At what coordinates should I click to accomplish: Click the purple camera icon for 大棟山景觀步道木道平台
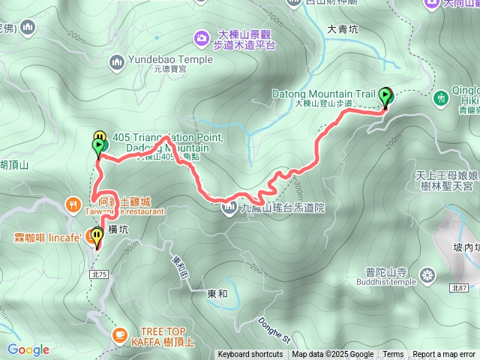pos(200,37)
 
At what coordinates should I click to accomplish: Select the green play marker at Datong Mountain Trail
pos(386,96)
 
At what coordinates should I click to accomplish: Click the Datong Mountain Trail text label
pos(334,94)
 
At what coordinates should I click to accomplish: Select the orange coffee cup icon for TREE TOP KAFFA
pos(119,334)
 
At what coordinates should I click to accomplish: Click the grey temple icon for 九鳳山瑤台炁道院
pos(229,208)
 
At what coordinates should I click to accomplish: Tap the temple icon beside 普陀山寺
pos(427,274)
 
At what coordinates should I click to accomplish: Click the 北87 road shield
pos(460,288)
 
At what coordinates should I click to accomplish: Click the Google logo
pos(28,349)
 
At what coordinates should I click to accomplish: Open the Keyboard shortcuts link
pos(250,355)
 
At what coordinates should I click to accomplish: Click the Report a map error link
pos(444,355)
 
